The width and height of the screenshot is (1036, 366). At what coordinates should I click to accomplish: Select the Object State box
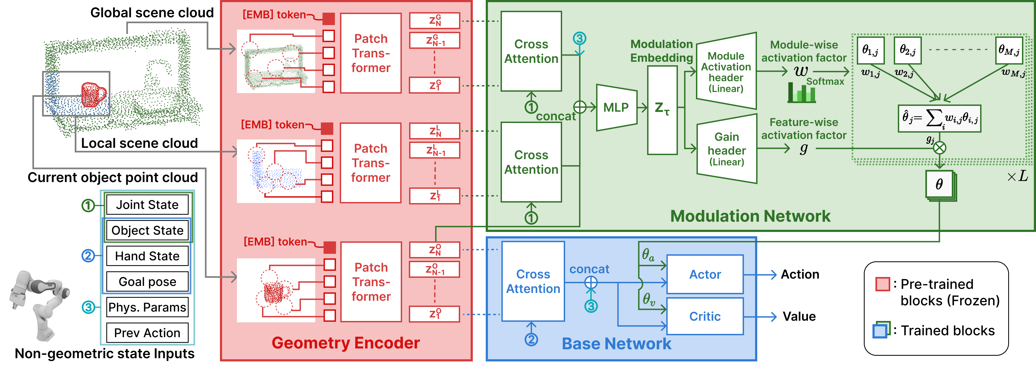pyautogui.click(x=147, y=230)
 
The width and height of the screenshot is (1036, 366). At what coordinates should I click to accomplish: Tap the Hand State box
pyautogui.click(x=147, y=256)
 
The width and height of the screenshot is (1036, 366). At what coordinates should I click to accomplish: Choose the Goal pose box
pyautogui.click(x=147, y=282)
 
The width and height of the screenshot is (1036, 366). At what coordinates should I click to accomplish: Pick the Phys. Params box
pyautogui.click(x=147, y=307)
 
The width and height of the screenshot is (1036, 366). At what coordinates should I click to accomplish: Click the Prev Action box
pyautogui.click(x=147, y=333)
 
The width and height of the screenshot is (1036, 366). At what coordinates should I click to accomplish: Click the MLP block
pyautogui.click(x=616, y=107)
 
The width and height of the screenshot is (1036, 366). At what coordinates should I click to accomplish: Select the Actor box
pyautogui.click(x=705, y=274)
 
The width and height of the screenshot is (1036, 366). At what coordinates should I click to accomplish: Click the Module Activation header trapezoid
pyautogui.click(x=726, y=71)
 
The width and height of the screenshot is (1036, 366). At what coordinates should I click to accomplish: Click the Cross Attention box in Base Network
pyautogui.click(x=533, y=281)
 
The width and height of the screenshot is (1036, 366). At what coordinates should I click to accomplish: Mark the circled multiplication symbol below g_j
pyautogui.click(x=939, y=148)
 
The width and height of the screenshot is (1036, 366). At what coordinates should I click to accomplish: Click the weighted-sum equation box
pyautogui.click(x=939, y=118)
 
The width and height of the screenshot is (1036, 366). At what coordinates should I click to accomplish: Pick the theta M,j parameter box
pyautogui.click(x=1009, y=50)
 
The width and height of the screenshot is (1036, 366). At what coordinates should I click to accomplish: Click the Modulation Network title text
pyautogui.click(x=750, y=216)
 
